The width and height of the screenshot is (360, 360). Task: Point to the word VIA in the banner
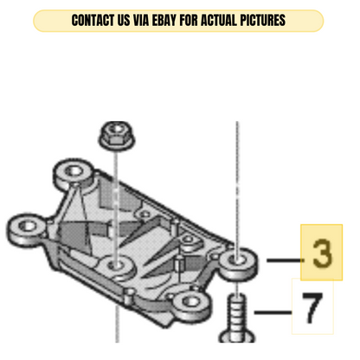(141, 21)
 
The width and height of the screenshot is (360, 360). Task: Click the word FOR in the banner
(189, 21)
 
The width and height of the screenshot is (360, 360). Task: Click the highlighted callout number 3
(322, 253)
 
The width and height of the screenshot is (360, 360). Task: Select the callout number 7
(312, 308)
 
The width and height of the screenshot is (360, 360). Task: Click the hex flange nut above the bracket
(117, 136)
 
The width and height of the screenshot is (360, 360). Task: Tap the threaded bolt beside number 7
(237, 318)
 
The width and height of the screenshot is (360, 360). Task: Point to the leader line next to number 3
(286, 260)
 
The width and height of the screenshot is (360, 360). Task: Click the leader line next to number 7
(273, 312)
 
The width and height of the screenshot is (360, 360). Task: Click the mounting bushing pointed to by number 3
(238, 264)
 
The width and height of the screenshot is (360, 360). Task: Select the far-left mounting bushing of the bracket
(27, 229)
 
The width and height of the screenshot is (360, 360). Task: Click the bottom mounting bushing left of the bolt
(191, 305)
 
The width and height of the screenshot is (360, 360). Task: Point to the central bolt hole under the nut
(117, 266)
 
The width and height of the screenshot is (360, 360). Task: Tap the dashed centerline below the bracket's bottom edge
(117, 325)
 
